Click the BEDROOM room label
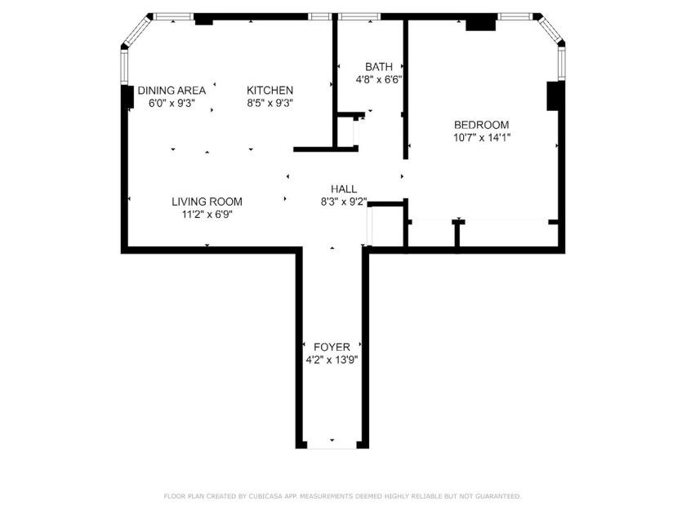click(481, 125)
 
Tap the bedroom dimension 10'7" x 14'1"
click(481, 137)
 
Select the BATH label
click(378, 67)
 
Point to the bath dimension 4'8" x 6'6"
click(378, 80)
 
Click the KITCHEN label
click(270, 91)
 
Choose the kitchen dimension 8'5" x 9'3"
click(270, 104)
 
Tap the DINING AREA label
click(171, 91)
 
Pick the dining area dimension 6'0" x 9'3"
click(171, 104)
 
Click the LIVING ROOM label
click(207, 202)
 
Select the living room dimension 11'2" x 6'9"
click(207, 215)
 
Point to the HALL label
click(344, 188)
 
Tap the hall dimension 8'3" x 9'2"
click(344, 202)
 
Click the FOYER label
click(332, 347)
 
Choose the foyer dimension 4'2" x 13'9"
click(332, 360)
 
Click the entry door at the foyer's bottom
click(332, 445)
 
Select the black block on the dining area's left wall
click(127, 96)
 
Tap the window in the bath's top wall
click(359, 16)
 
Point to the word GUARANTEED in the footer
click(494, 496)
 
